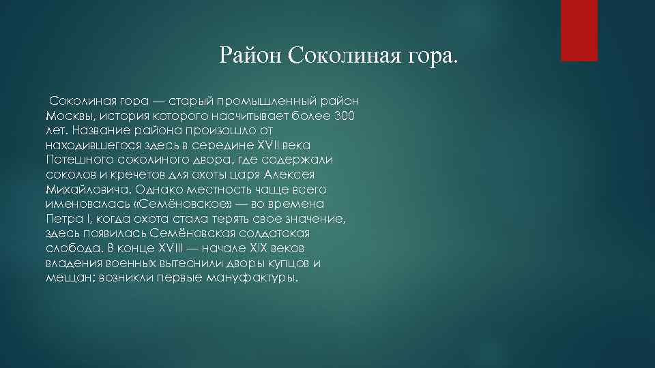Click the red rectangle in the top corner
579,30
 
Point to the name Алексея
291,174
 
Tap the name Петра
63,219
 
